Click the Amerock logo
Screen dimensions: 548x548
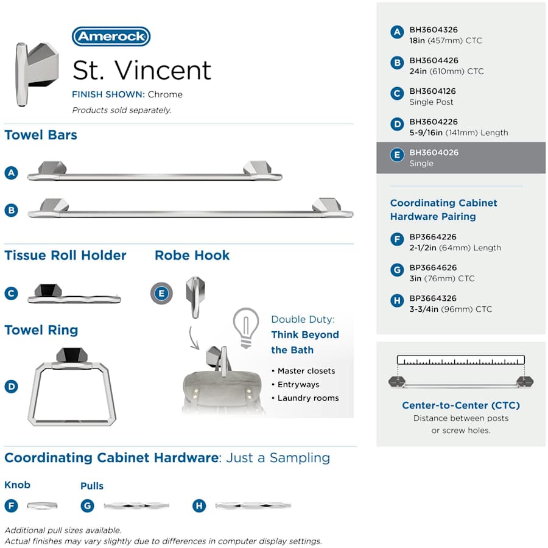111,37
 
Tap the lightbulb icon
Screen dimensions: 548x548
246,327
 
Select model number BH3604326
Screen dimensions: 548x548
434,29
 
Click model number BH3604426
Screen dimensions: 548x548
434,60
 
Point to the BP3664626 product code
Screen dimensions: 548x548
433,267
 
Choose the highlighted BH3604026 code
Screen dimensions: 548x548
434,152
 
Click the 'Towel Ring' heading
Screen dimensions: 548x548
41,330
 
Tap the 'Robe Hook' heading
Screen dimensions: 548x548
192,255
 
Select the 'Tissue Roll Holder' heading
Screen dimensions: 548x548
65,255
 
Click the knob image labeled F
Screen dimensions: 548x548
42,505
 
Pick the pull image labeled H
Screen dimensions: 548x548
253,505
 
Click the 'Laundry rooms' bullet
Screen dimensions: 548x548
308,398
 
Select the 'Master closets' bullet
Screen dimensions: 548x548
306,371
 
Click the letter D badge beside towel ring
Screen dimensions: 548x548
11,387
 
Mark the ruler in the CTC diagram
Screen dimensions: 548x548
460,360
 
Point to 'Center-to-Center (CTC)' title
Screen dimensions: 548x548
461,405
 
